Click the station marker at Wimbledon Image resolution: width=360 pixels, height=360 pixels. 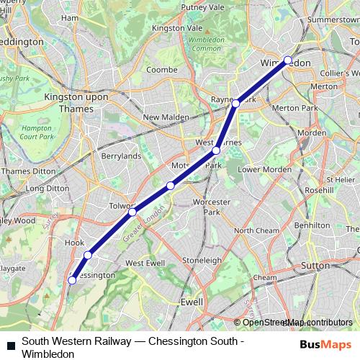pos(287,60)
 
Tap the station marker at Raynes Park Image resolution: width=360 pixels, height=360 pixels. pos(235,104)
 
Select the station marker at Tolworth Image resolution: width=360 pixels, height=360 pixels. pos(132,212)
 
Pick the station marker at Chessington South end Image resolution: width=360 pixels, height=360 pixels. pos(72,281)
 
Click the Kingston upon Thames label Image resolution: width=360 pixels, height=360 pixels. pos(69,101)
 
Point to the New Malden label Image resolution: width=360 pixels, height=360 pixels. pos(165,117)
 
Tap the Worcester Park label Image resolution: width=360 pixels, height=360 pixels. pos(210,207)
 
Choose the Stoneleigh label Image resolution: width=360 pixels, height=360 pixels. pos(202,259)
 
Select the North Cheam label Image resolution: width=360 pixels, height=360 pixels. pos(256,230)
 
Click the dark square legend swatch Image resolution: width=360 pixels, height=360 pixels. pos(9,343)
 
